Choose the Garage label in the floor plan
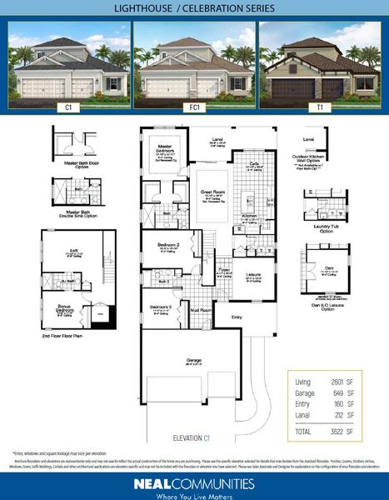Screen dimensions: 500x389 point(193,360)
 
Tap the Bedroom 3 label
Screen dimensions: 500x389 point(162,307)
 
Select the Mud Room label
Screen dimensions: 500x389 point(201,310)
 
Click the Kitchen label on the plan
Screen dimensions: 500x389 point(250,215)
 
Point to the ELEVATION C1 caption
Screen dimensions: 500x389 point(194,437)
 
